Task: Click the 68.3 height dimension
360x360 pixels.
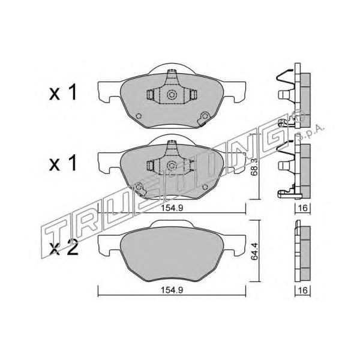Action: click(254, 167)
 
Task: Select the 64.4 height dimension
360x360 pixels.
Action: click(254, 251)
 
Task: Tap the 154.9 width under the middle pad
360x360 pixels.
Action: click(172, 208)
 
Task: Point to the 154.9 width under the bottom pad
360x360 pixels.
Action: click(172, 290)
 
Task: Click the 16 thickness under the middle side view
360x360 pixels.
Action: click(303, 208)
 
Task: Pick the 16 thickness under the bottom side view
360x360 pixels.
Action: click(303, 290)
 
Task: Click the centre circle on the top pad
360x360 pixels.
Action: click(172, 95)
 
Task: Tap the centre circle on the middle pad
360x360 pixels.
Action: click(172, 166)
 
